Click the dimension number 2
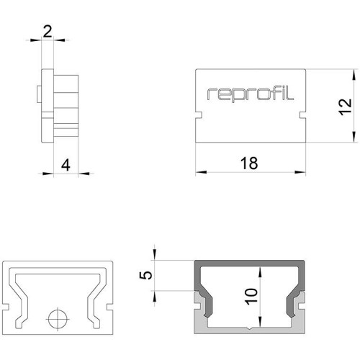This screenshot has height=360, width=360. (x=48, y=32)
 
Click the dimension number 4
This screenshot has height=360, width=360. (x=66, y=166)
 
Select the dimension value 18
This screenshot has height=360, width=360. (x=249, y=163)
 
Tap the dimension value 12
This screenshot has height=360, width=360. (x=346, y=107)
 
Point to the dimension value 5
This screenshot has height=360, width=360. (x=146, y=275)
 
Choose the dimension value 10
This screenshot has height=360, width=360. (x=251, y=297)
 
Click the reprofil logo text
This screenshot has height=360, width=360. (x=251, y=95)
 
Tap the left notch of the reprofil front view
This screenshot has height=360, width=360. (x=199, y=114)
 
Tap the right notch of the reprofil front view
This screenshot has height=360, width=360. (x=302, y=114)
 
